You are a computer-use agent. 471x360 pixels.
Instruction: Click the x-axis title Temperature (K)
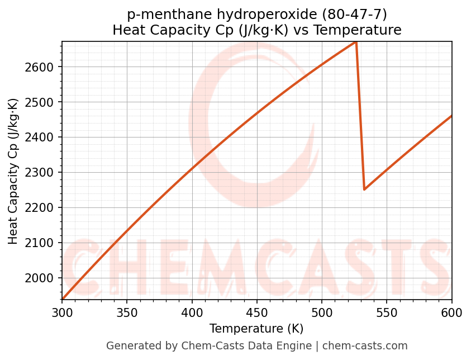tap(256, 329)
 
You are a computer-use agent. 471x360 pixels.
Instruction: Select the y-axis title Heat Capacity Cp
tap(13, 171)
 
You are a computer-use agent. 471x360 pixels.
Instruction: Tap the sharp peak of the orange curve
tap(356, 42)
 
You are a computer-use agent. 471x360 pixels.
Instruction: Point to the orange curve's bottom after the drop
tap(364, 189)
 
